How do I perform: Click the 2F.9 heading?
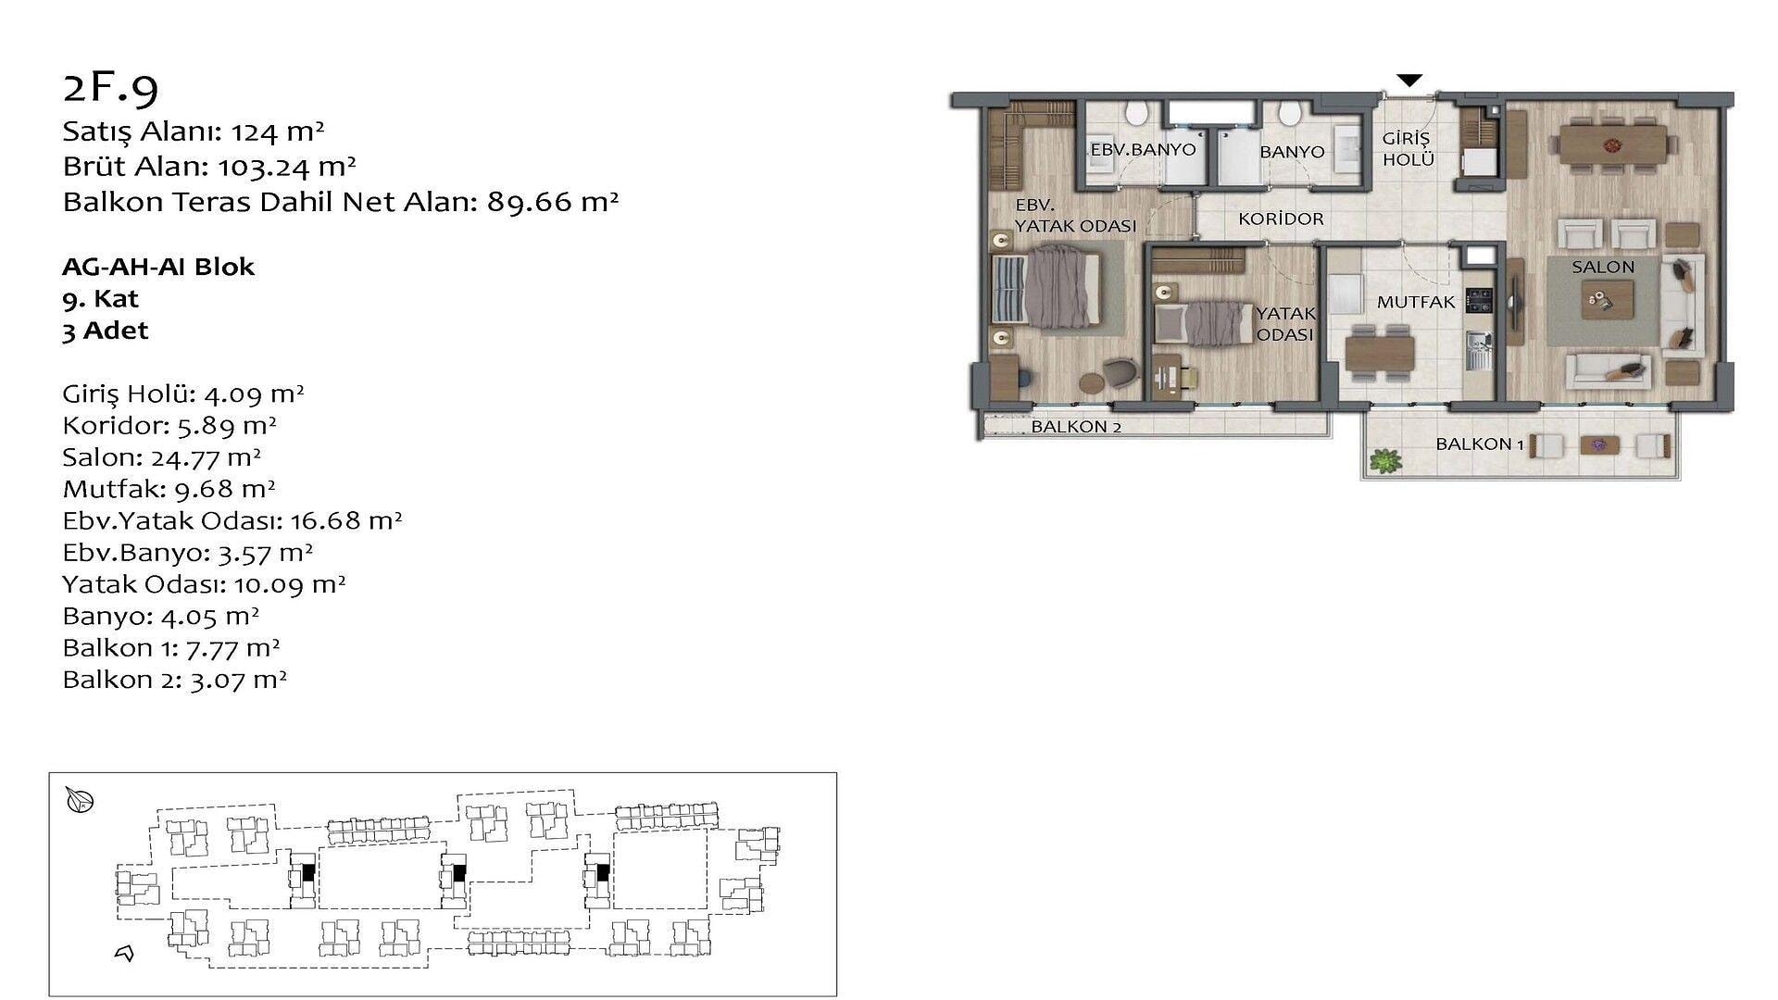point(110,87)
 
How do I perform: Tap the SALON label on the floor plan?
point(1603,267)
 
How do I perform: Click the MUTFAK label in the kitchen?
point(1416,302)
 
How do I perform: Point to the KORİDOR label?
point(1281,219)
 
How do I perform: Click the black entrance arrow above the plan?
point(1409,81)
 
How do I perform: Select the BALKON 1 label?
point(1480,444)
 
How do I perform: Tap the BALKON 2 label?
point(1076,427)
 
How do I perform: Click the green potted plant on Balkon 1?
point(1384,459)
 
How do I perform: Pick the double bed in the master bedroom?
point(1046,286)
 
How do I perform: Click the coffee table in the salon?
point(1607,300)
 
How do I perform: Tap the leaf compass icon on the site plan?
point(80,800)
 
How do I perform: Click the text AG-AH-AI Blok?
point(158,267)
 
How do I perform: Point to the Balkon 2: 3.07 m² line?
point(175,680)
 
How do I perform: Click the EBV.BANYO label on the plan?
point(1143,149)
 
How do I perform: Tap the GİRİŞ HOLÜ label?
point(1408,149)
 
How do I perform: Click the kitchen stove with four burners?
point(1479,301)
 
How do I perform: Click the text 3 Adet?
point(106,331)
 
